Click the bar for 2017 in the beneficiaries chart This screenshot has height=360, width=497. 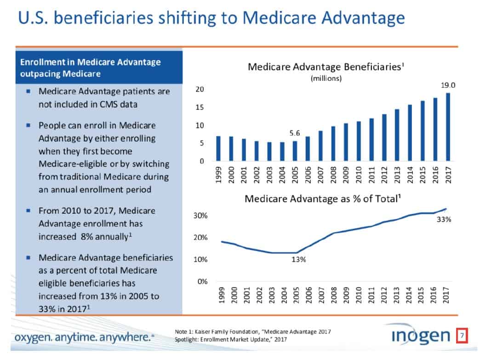pos(448,127)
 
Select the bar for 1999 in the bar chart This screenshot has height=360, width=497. pos(218,149)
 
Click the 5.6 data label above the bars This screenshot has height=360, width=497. pos(295,133)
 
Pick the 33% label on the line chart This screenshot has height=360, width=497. pos(444,220)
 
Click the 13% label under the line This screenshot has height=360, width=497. pos(299,260)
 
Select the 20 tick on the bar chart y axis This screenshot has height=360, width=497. pos(200,89)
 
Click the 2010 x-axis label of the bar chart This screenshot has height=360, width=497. pos(358,175)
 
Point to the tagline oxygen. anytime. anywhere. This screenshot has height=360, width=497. pos(83,338)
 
